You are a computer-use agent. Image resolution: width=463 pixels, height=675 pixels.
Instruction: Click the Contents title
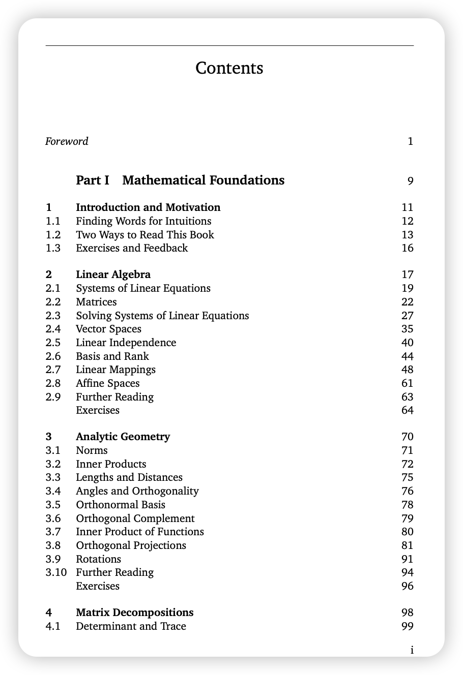pos(229,68)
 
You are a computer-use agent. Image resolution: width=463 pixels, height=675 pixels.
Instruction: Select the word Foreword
pos(67,141)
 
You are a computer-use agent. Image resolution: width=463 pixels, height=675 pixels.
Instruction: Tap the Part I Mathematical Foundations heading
pos(180,180)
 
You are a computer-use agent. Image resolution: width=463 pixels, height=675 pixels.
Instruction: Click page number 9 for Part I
pos(410,181)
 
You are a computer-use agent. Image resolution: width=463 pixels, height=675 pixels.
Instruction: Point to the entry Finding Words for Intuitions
pos(143,221)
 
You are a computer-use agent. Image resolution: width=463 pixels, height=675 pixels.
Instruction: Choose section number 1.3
pos(53,248)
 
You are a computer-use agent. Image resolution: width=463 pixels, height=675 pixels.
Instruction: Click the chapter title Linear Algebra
pos(113,275)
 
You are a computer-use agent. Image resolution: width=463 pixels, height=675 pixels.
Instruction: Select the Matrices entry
pos(96,302)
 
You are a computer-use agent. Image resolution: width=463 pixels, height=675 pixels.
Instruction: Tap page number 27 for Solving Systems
pos(407,316)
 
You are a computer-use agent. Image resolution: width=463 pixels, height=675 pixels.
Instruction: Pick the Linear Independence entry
pos(126,343)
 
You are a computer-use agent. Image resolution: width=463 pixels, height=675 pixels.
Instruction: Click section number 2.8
pos(53,383)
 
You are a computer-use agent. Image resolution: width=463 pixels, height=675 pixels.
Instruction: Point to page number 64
pos(407,410)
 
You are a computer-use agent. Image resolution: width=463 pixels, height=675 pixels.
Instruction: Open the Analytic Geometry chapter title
pos(123,437)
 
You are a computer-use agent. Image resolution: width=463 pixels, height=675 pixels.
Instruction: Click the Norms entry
pos(92,450)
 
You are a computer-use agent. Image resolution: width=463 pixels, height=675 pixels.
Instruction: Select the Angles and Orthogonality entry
pos(137,491)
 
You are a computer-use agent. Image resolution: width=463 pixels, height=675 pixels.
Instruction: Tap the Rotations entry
pos(98,559)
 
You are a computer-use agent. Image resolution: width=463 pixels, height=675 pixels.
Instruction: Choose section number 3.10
pos(56,572)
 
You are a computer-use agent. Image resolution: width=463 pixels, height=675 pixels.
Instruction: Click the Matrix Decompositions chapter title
pos(134,612)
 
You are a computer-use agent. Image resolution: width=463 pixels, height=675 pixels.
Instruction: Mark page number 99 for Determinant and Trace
pos(407,626)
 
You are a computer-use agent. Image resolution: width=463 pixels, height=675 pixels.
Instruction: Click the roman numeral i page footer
pos(412,650)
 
